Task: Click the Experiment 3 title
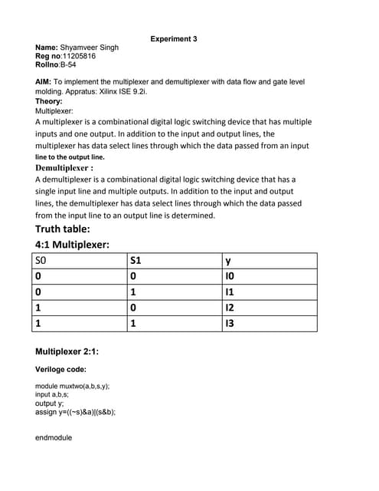[174, 38]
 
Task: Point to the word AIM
[44, 81]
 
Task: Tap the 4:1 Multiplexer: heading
[73, 245]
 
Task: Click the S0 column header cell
[80, 262]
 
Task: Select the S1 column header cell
[174, 262]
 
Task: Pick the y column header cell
[269, 262]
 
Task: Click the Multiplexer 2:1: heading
[67, 352]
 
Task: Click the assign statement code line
[76, 411]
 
